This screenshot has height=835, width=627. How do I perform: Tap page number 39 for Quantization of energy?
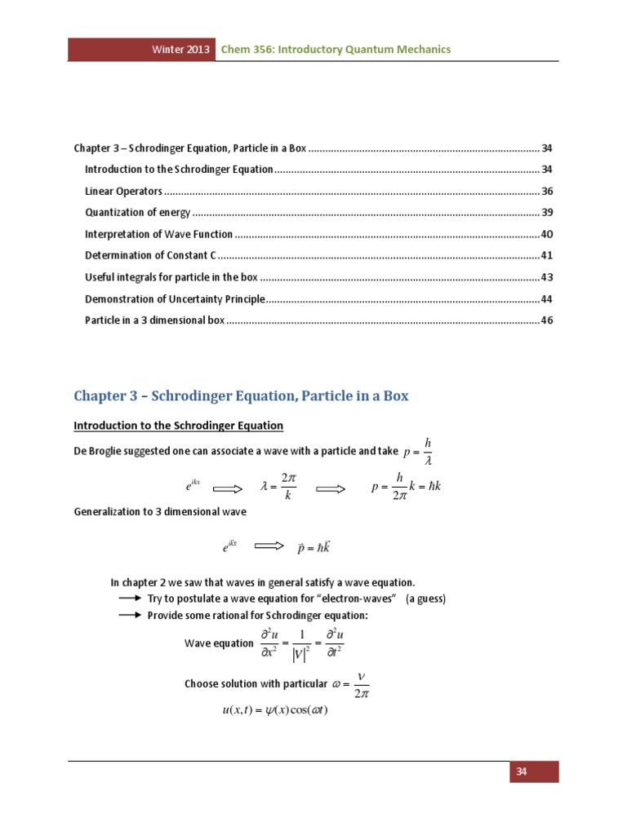547,213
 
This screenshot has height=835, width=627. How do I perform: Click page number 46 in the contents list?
547,320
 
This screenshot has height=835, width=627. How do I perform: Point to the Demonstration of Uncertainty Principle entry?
176,298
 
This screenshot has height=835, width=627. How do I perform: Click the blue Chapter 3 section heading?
241,396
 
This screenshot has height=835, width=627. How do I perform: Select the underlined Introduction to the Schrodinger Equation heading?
178,426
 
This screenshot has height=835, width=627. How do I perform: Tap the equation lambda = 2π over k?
278,488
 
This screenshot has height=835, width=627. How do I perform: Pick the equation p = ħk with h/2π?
406,488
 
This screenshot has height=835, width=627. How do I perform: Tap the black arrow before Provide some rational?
131,615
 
